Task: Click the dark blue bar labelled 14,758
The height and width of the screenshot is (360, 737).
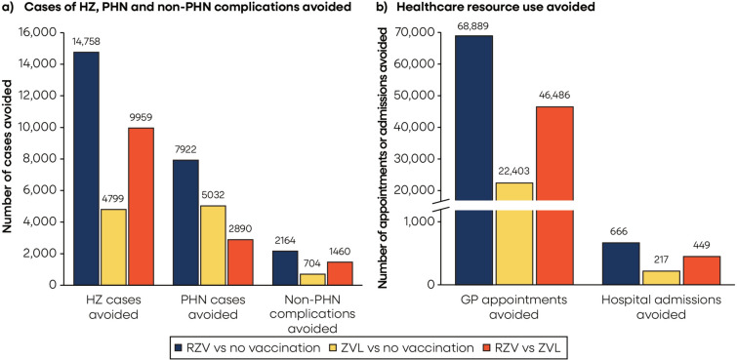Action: pos(86,168)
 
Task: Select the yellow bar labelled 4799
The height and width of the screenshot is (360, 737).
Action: pos(113,247)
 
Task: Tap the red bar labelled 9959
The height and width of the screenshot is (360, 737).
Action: pos(141,206)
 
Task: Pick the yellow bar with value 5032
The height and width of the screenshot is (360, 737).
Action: pos(213,245)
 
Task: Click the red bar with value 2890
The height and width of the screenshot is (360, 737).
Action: pos(240,261)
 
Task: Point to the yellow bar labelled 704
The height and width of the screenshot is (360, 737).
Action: pos(311,279)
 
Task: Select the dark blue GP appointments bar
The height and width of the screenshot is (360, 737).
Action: pos(473,160)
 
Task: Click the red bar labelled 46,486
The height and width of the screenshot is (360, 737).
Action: pos(554,195)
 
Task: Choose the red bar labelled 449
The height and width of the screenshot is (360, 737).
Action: pos(701,270)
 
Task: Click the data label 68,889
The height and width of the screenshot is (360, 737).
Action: pos(473,26)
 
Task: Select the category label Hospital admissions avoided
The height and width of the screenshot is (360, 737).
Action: pos(661,307)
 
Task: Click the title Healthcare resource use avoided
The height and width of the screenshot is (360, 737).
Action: pos(489,7)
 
